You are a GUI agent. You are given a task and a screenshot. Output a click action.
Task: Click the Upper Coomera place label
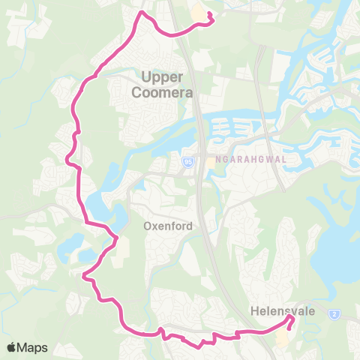click(x=162, y=85)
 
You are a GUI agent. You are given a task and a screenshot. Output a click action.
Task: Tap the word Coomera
click(x=162, y=93)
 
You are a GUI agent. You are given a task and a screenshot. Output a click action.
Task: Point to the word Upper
click(x=162, y=76)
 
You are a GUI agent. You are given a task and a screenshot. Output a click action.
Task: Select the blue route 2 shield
click(x=334, y=314)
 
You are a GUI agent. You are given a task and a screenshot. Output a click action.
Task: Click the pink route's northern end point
click(x=209, y=14)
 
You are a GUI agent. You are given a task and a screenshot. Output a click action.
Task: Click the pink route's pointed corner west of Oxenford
click(x=116, y=238)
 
